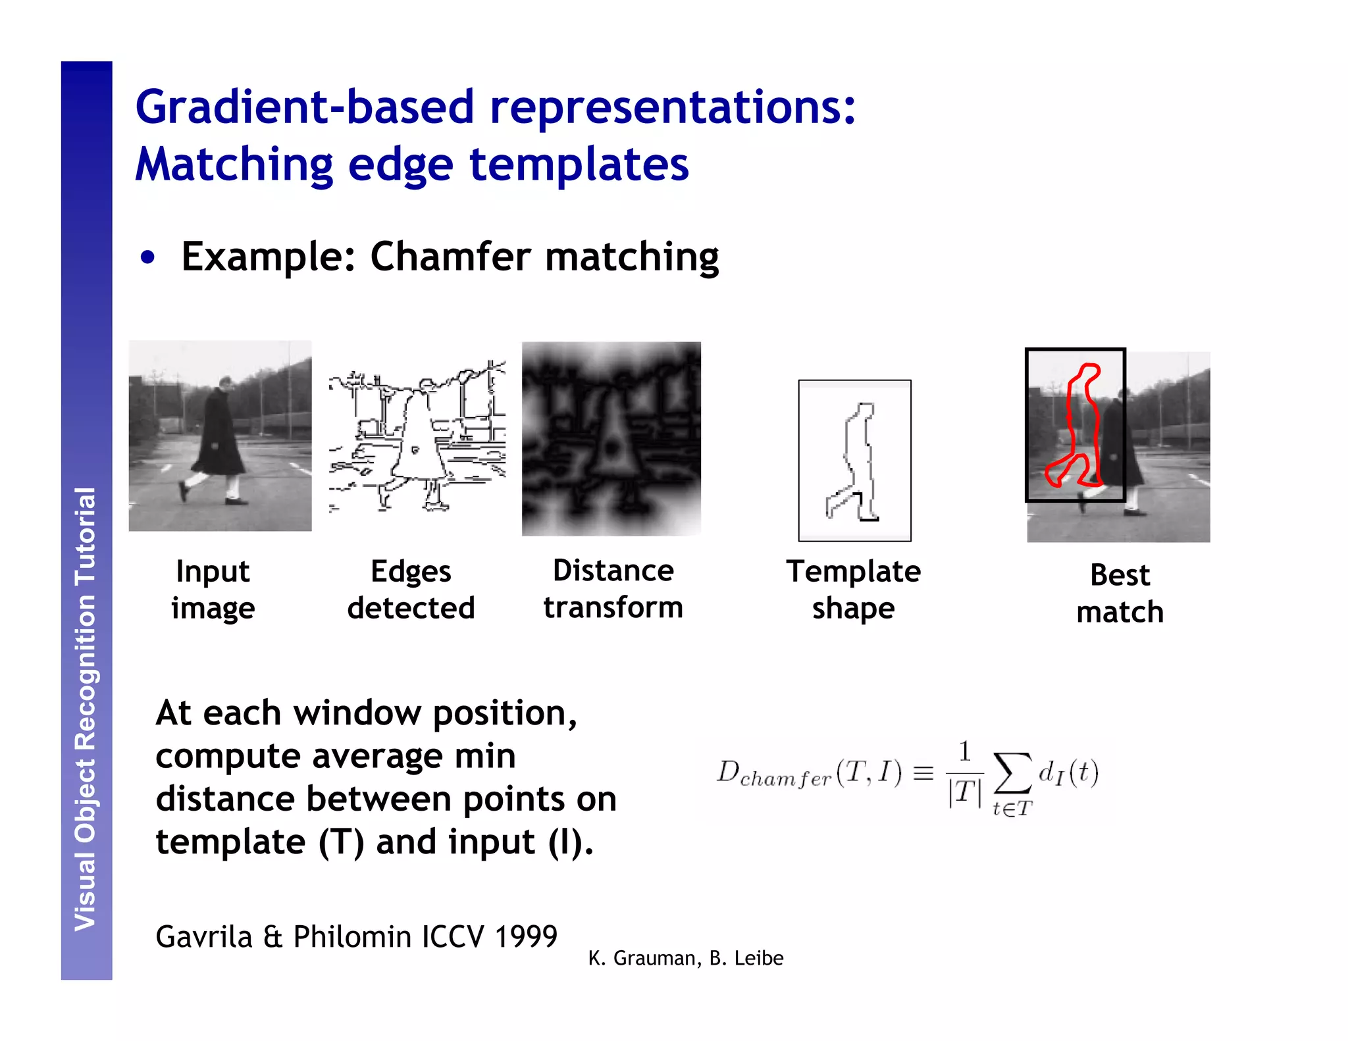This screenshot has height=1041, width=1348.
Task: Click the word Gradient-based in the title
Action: [304, 107]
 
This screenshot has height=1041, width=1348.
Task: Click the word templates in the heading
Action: [579, 165]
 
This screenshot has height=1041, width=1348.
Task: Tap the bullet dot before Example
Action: [148, 257]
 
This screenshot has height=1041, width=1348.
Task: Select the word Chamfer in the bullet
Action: [450, 257]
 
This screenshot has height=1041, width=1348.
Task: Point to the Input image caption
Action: [213, 590]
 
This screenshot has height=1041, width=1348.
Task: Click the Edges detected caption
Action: [411, 590]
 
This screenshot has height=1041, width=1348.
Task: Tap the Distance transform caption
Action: [613, 589]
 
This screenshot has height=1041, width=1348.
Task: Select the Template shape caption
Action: [853, 590]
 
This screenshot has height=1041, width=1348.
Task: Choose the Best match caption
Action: [1120, 594]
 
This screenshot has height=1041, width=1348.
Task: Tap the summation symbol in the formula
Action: [1012, 773]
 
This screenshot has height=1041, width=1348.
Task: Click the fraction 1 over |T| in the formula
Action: [964, 773]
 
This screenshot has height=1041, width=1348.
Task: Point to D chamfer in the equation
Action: [774, 774]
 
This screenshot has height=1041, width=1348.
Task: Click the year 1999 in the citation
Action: [525, 937]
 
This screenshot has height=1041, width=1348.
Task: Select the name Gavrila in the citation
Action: [204, 937]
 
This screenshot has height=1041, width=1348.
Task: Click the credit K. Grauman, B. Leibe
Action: [685, 959]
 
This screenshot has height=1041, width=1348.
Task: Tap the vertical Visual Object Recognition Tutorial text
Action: [86, 709]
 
